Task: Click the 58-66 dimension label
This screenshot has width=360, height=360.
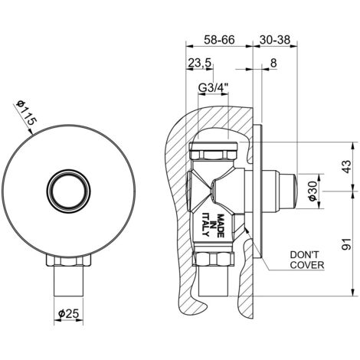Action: (219, 40)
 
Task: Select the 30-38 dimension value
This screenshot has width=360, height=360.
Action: (275, 40)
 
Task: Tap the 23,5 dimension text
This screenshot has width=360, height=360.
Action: (200, 63)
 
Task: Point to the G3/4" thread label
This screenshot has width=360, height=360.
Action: (214, 88)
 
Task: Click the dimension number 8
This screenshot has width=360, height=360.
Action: (273, 63)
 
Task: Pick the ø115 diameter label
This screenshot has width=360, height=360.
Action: (26, 113)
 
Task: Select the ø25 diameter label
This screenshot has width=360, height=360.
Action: (68, 313)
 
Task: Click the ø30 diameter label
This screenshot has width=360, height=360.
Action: (313, 191)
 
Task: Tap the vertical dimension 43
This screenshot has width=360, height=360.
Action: (347, 167)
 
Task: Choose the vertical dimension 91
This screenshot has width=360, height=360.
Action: (347, 244)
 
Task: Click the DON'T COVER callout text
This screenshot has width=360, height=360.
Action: (307, 260)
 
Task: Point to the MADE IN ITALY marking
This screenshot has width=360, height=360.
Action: (213, 225)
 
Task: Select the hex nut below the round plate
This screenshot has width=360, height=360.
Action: (68, 260)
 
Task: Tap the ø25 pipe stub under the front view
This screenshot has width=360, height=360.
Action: (68, 281)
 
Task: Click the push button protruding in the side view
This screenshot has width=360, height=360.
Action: (289, 191)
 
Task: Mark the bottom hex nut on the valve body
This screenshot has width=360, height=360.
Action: (214, 259)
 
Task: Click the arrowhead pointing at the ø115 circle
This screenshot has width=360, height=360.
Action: (31, 132)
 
